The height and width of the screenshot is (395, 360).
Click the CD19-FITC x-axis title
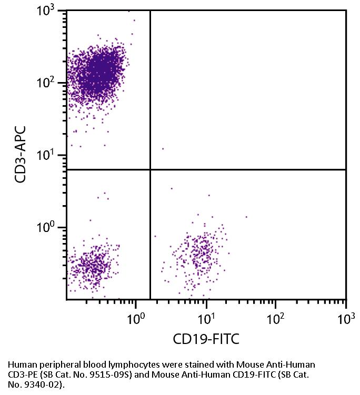point(206,339)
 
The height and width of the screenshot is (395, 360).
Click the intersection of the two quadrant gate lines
point(151,170)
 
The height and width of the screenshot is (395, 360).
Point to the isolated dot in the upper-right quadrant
point(163,149)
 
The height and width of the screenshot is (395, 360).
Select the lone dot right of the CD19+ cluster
point(246,217)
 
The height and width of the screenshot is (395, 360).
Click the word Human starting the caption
point(19,364)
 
